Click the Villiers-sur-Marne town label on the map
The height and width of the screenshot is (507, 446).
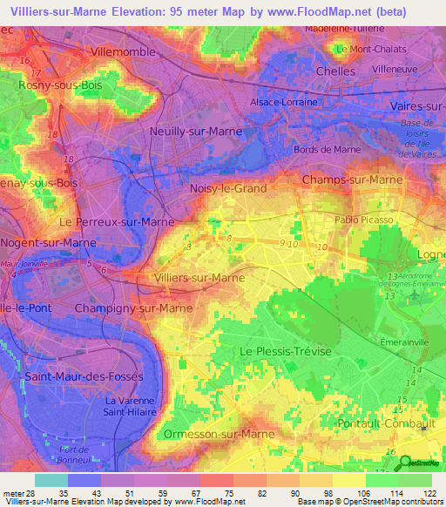[x=199, y=277]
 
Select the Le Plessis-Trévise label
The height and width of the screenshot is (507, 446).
[x=280, y=350]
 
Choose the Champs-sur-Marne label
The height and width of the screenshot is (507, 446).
[x=352, y=179]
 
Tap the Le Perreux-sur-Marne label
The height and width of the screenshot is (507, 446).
[x=110, y=222]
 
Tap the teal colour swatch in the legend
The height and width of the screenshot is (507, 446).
[x=51, y=480]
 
